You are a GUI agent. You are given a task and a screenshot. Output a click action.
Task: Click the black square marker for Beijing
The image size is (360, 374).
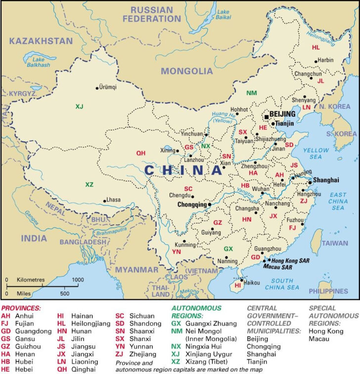(x=267, y=117)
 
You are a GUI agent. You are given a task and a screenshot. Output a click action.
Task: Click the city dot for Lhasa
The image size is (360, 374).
(x=104, y=200)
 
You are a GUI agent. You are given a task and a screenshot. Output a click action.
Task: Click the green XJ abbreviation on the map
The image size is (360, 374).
(x=80, y=106)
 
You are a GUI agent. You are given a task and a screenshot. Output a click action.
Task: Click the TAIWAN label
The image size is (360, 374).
(x=335, y=243)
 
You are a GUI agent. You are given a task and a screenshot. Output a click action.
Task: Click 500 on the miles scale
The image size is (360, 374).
(x=65, y=293)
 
